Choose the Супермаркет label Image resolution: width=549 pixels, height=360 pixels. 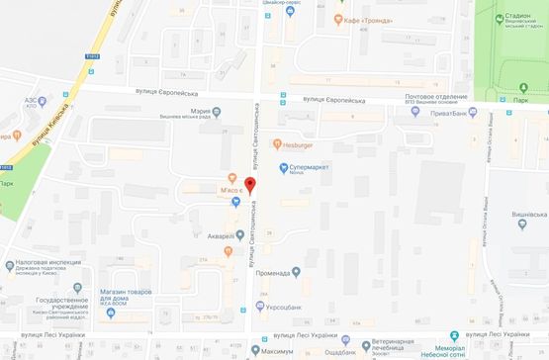(314, 168)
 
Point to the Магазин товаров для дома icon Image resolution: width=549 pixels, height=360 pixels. (110, 313)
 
